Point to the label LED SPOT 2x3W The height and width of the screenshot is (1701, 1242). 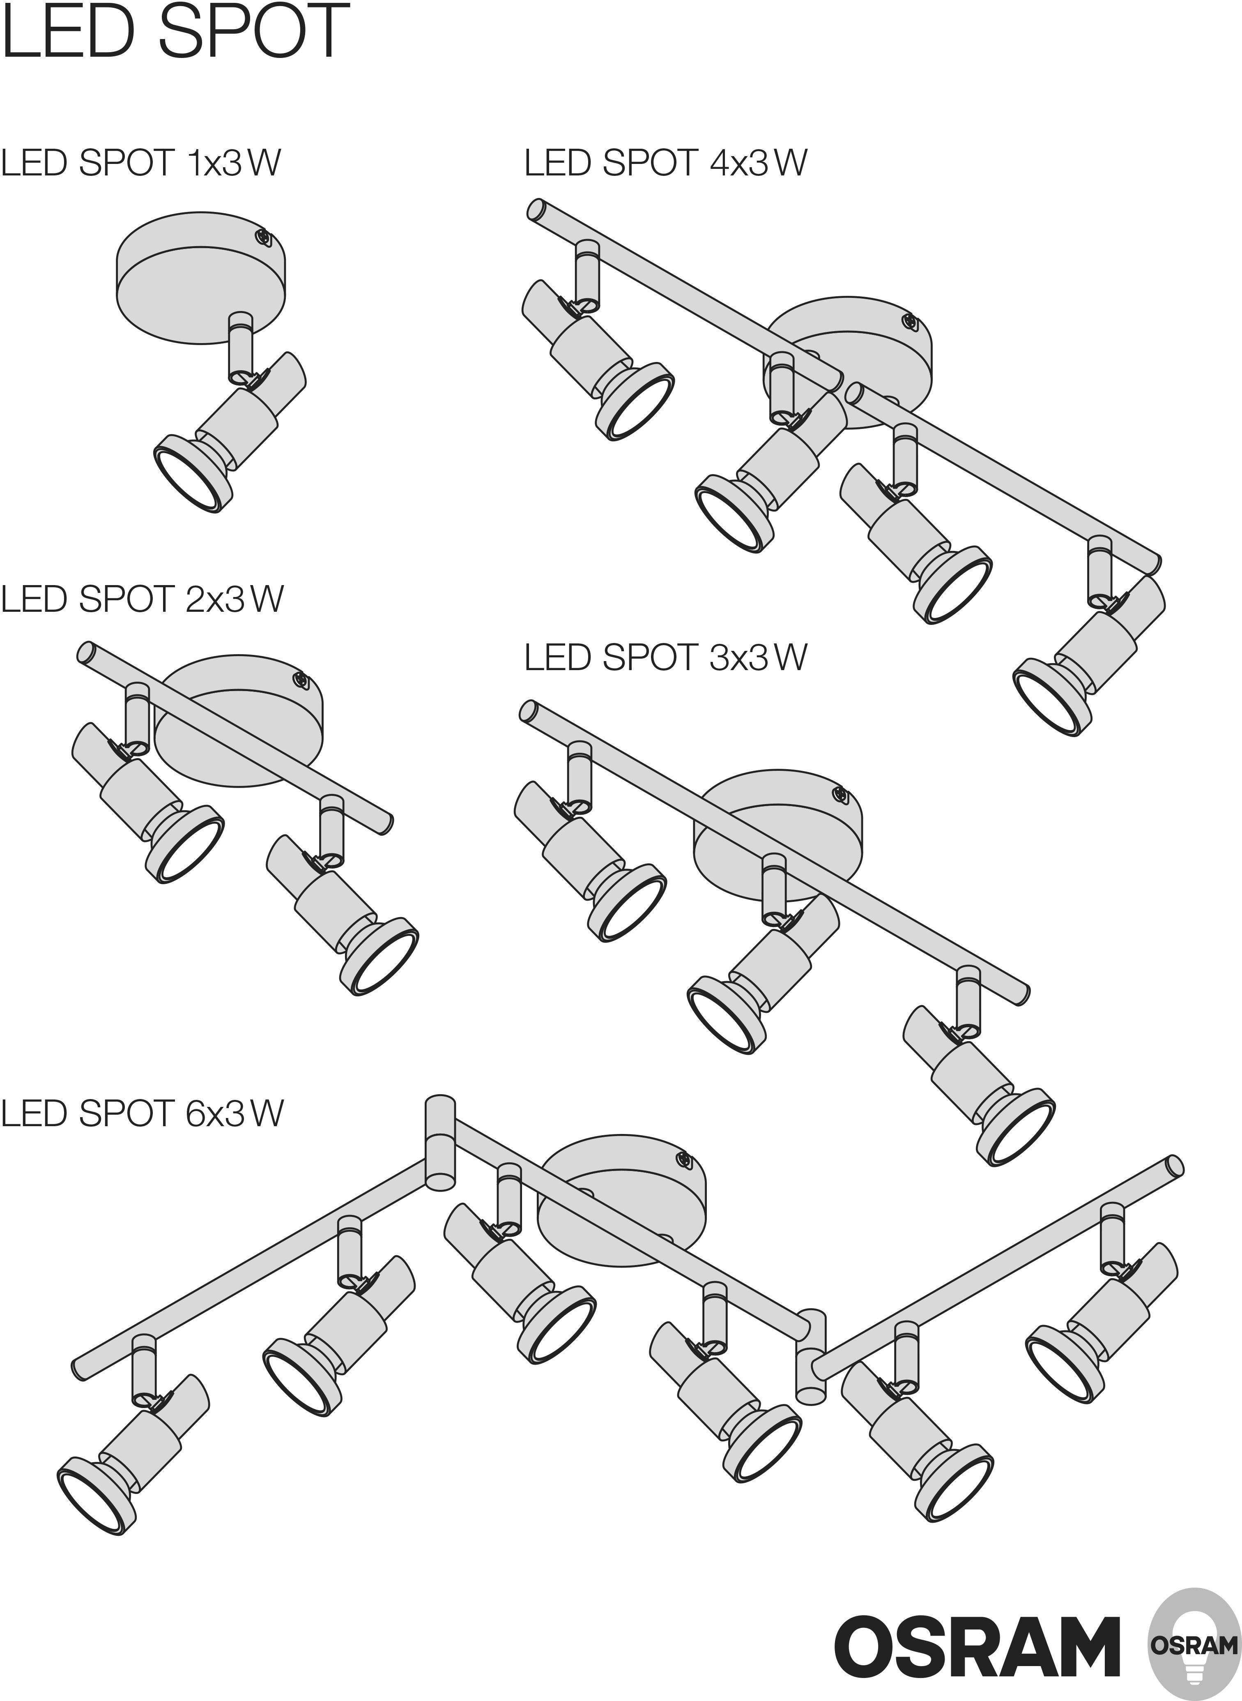(x=142, y=599)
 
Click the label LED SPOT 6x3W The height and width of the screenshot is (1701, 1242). (x=142, y=1114)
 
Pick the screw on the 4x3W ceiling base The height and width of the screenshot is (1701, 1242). (x=908, y=322)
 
